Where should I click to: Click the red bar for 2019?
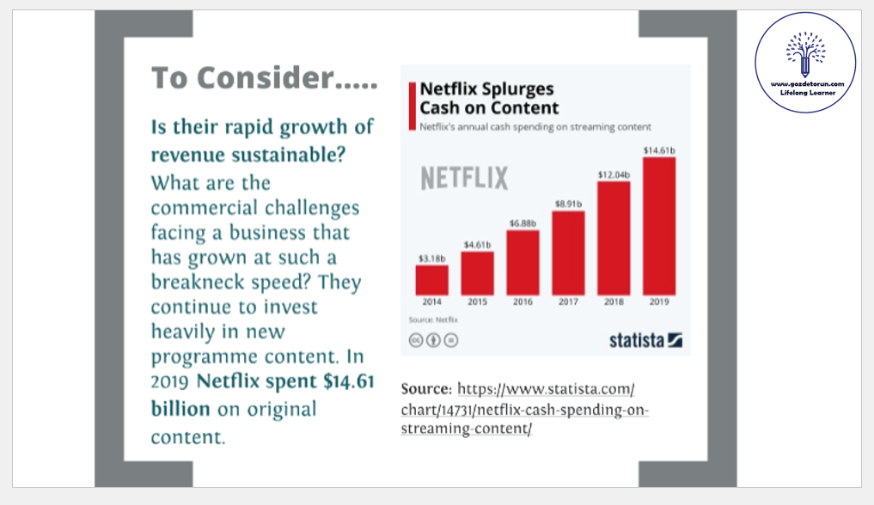tap(659, 226)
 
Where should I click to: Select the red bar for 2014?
tap(431, 280)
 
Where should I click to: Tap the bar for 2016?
tap(523, 262)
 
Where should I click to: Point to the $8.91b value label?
tap(568, 204)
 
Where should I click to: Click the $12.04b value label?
tap(614, 174)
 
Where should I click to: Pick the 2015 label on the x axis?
tap(477, 302)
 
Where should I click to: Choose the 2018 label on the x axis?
tap(614, 302)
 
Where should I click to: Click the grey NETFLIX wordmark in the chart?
tap(464, 179)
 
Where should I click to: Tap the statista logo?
tap(645, 340)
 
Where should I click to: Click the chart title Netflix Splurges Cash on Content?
tap(488, 99)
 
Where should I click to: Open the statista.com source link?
tap(524, 408)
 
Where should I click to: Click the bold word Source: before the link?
tap(426, 388)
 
